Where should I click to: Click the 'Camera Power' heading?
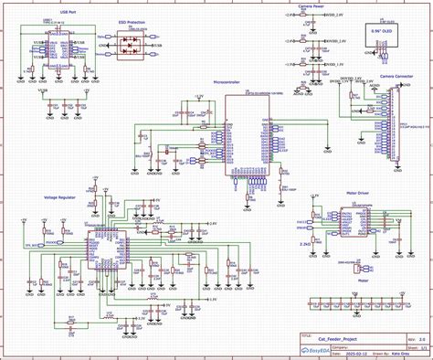309,6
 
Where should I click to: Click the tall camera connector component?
395,123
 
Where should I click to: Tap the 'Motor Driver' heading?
359,193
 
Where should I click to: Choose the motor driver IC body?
350,223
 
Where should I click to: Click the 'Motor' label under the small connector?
362,281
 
